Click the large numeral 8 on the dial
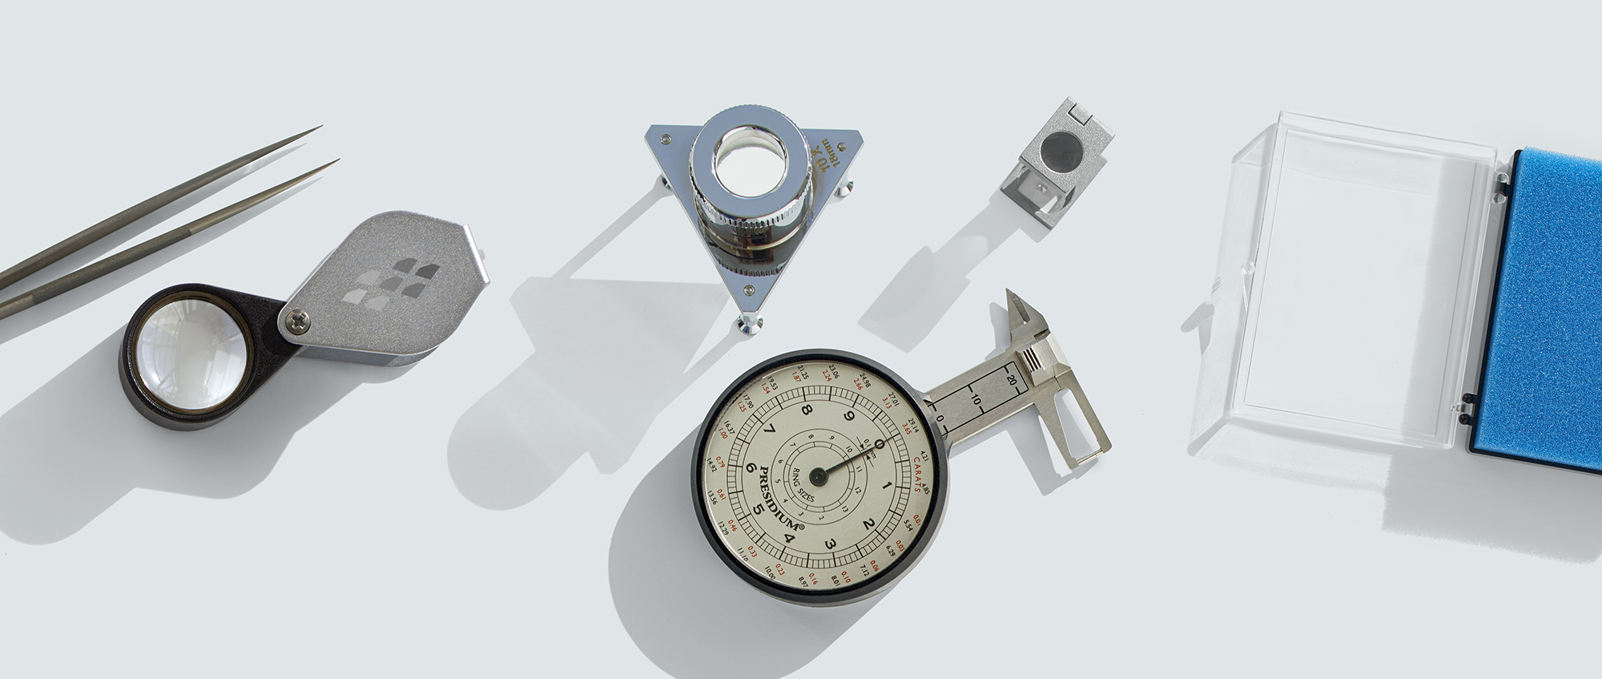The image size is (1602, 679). (807, 411)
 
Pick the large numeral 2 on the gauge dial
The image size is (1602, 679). (868, 524)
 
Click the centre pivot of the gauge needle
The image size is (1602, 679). (818, 477)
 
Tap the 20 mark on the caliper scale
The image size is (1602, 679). (1011, 380)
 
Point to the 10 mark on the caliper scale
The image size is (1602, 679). (974, 398)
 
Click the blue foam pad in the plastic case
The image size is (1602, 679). (1554, 313)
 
